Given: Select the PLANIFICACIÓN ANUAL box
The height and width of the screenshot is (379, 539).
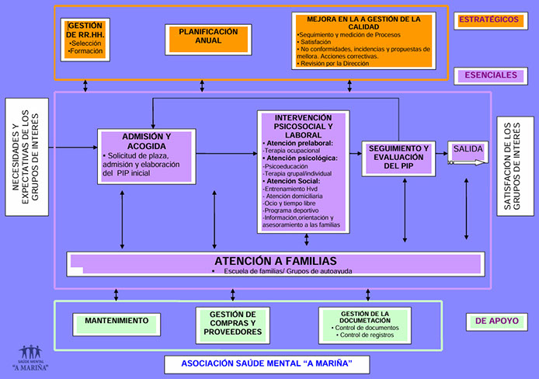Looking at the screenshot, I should (x=208, y=37).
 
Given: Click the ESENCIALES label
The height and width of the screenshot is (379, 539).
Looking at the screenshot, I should (x=491, y=75).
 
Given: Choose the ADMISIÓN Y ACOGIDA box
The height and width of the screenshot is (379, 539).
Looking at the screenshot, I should (x=148, y=157).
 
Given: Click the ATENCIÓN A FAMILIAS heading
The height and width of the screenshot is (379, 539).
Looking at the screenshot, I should (x=275, y=261).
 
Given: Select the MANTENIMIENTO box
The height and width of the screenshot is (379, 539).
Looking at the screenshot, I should (x=116, y=320).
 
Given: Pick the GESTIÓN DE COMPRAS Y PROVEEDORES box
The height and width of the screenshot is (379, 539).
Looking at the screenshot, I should (x=233, y=322).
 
